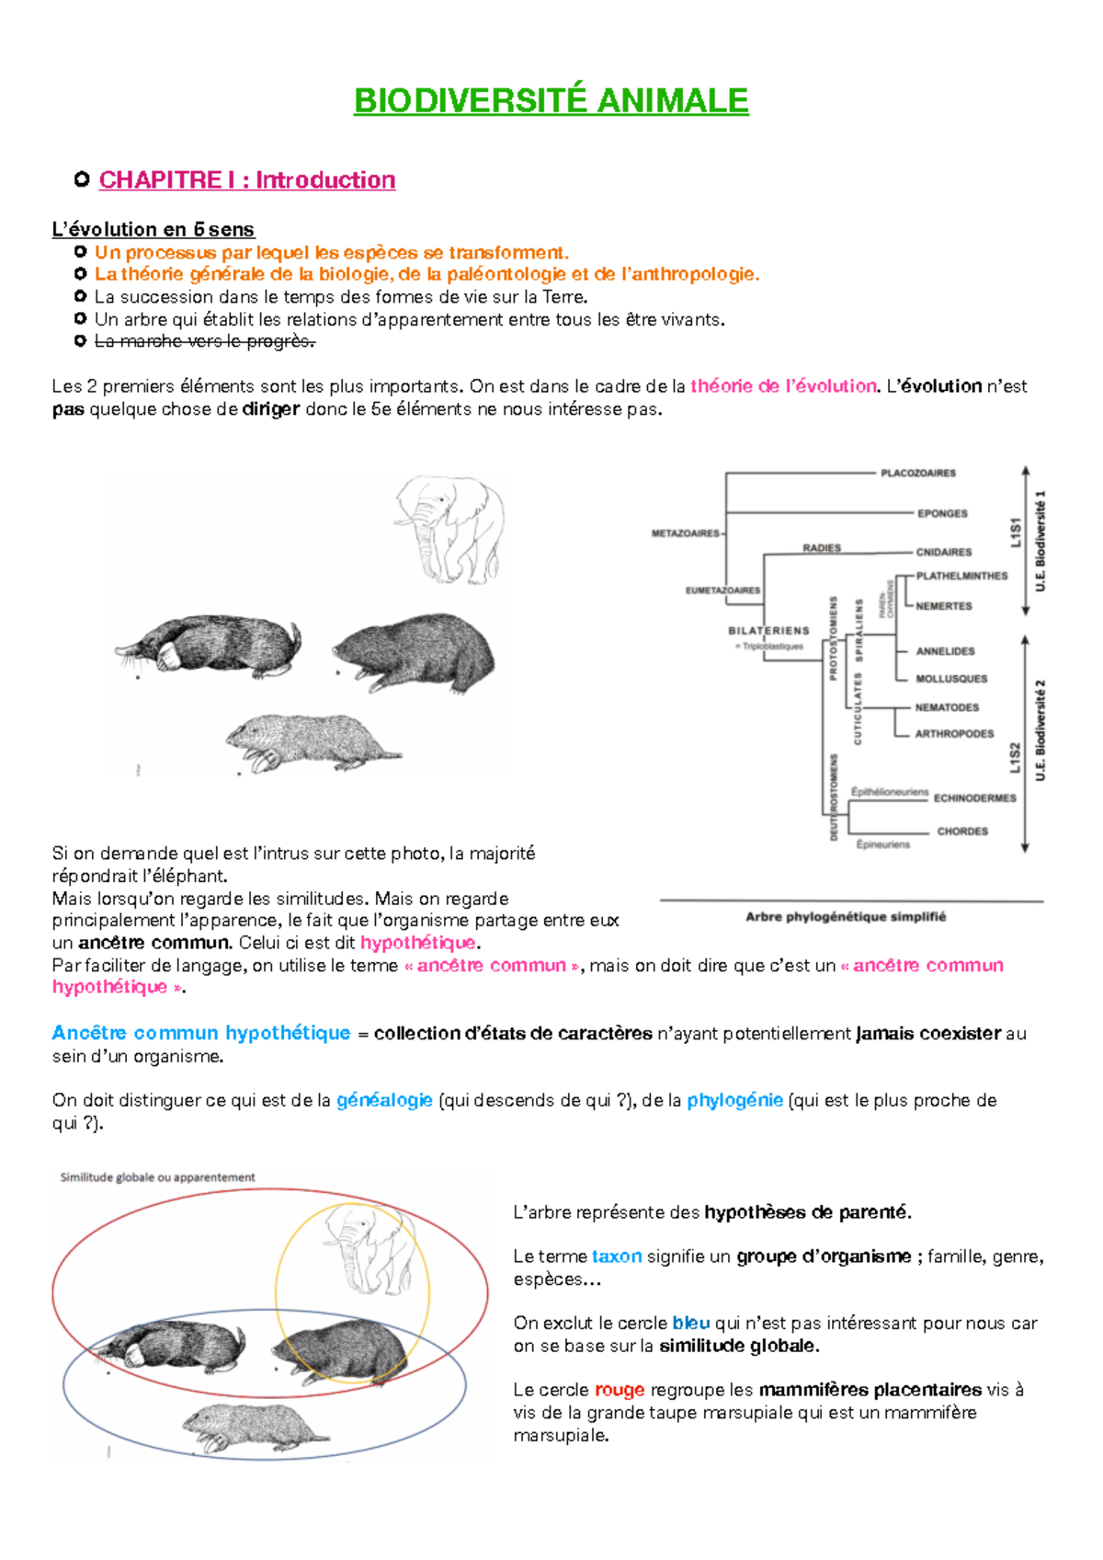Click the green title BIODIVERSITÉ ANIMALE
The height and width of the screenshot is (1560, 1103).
551,100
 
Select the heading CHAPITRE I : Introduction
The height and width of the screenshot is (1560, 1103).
246,179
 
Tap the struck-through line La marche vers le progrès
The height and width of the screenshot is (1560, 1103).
204,341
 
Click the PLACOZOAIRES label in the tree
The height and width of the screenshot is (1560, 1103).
917,473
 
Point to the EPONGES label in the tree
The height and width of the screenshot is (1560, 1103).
941,513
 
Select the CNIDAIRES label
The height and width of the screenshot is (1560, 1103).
943,552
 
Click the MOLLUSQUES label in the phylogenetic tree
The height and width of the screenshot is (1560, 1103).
950,679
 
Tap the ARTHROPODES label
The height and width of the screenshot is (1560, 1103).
953,734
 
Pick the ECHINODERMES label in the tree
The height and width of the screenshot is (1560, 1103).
974,798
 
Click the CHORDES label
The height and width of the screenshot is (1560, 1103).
961,832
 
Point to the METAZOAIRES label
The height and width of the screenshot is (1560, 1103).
686,533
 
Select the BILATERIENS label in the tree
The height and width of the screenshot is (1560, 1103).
768,631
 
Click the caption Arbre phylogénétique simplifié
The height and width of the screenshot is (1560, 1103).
845,917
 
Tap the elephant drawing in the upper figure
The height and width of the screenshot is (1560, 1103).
450,528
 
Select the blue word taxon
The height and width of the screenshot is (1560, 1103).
616,1256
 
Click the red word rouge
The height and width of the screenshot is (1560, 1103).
619,1390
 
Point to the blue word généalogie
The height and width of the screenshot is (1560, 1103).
384,1100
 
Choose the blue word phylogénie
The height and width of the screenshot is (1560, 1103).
734,1100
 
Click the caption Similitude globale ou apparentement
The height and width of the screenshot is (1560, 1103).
157,1177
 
